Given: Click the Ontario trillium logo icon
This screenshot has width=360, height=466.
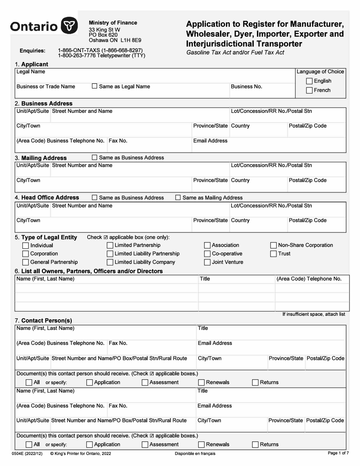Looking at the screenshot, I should point(69,26).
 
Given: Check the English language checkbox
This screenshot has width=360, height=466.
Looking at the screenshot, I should point(309,81).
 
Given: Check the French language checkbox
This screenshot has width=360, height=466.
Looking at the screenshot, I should point(309,91).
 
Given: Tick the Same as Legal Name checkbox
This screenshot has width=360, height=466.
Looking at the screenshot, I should point(95,86).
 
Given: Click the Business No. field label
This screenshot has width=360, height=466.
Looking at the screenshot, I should point(246,86).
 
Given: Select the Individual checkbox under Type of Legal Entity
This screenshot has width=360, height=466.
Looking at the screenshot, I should point(26,246).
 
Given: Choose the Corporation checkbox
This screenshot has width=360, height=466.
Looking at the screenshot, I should point(26,254).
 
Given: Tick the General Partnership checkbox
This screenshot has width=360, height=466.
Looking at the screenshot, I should point(26,262).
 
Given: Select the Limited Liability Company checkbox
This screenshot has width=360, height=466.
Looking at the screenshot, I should point(110,262).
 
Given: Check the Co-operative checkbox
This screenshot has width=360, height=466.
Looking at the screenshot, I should point(207,254).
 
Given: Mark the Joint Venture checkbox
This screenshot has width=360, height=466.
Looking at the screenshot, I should point(207,262).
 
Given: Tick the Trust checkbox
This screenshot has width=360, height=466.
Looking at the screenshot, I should point(274,254).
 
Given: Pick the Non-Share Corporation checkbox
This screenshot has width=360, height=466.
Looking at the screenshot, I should point(274,246).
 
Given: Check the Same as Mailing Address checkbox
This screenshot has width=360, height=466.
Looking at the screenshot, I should point(178,198).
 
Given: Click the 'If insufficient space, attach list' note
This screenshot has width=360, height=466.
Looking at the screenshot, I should point(314,314).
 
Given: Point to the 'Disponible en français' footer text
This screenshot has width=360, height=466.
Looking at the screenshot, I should point(195,453).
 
